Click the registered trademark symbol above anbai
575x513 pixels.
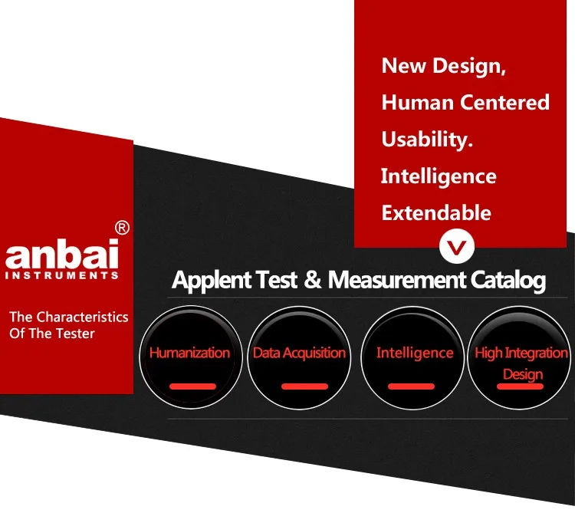click(122, 228)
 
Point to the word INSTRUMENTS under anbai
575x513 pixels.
click(62, 275)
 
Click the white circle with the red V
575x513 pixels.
click(457, 246)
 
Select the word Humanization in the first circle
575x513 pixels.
click(189, 353)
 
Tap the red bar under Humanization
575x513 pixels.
click(192, 386)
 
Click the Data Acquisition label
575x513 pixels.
click(299, 354)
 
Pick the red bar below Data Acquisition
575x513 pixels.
click(304, 386)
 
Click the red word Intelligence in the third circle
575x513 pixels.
click(415, 354)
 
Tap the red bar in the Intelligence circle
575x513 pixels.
click(411, 386)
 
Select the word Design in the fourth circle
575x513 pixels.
click(523, 374)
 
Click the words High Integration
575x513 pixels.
click(521, 354)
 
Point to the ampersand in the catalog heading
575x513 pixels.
click(313, 280)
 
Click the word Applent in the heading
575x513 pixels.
click(212, 281)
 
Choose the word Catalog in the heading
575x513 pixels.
click(508, 281)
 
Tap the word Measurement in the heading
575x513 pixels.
click(397, 280)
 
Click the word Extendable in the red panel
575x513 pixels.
click(436, 212)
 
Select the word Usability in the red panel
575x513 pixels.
click(427, 140)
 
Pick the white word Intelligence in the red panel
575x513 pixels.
click(439, 176)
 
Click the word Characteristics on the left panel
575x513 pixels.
click(82, 317)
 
